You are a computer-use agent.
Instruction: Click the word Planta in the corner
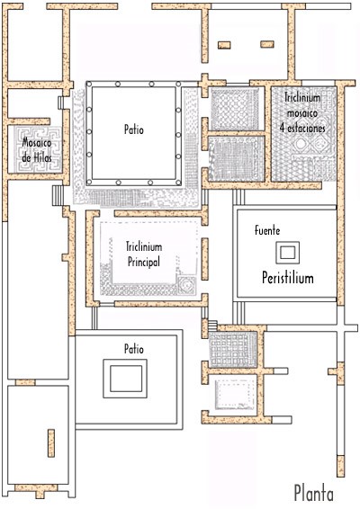pos(313,494)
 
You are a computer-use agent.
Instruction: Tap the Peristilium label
pos(288,278)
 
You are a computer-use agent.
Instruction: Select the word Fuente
pos(267,230)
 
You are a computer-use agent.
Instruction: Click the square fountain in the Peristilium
pos(287,252)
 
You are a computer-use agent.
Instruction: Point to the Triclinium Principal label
pos(144,254)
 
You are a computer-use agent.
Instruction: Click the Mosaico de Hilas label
pos(37,150)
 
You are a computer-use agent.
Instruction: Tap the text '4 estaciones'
pos(302,128)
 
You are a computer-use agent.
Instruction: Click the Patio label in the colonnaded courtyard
pos(134,129)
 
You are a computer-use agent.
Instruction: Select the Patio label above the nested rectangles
pos(134,349)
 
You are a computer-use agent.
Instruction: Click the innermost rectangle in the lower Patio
pos(126,379)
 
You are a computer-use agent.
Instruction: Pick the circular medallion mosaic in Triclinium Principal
pos(186,284)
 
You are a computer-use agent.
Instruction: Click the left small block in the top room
pos(224,45)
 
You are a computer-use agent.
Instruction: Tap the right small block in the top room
pos(267,44)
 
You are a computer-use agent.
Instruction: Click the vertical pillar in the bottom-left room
pos(51,443)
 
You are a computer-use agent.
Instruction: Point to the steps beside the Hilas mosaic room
pos(58,195)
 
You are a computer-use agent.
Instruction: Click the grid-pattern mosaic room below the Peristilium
pos(232,350)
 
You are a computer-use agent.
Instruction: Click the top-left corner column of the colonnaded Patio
pos(89,84)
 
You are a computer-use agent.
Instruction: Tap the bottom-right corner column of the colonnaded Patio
pos(178,183)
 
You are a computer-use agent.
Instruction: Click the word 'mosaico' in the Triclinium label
pos(302,112)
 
